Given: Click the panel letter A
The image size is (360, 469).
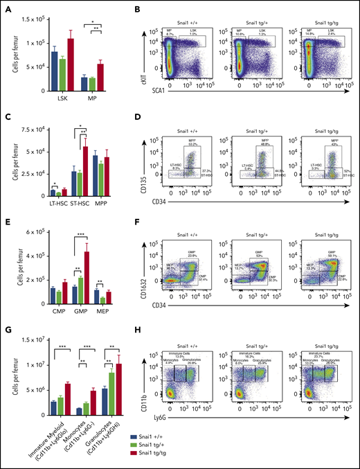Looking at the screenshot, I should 7,8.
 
